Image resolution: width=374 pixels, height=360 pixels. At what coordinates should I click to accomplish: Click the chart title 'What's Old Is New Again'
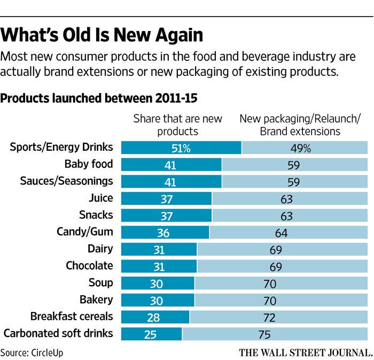(x=102, y=35)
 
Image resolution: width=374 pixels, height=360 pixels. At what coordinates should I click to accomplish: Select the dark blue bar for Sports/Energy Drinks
(x=181, y=148)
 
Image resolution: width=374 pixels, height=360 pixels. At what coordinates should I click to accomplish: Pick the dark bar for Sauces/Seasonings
(x=171, y=181)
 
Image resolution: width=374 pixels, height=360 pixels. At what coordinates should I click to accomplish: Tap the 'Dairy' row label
(x=100, y=249)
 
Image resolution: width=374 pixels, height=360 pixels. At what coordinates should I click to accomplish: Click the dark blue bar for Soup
(x=158, y=283)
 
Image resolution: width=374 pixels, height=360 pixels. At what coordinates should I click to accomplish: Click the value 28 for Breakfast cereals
(x=154, y=317)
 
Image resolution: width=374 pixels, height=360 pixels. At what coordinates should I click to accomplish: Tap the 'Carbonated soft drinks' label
(x=58, y=333)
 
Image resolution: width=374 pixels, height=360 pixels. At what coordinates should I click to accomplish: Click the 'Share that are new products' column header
(x=177, y=125)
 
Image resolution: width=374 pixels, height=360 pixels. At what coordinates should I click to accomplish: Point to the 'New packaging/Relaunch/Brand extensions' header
(x=292, y=125)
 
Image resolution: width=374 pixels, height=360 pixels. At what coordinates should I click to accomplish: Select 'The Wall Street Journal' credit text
(x=305, y=352)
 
